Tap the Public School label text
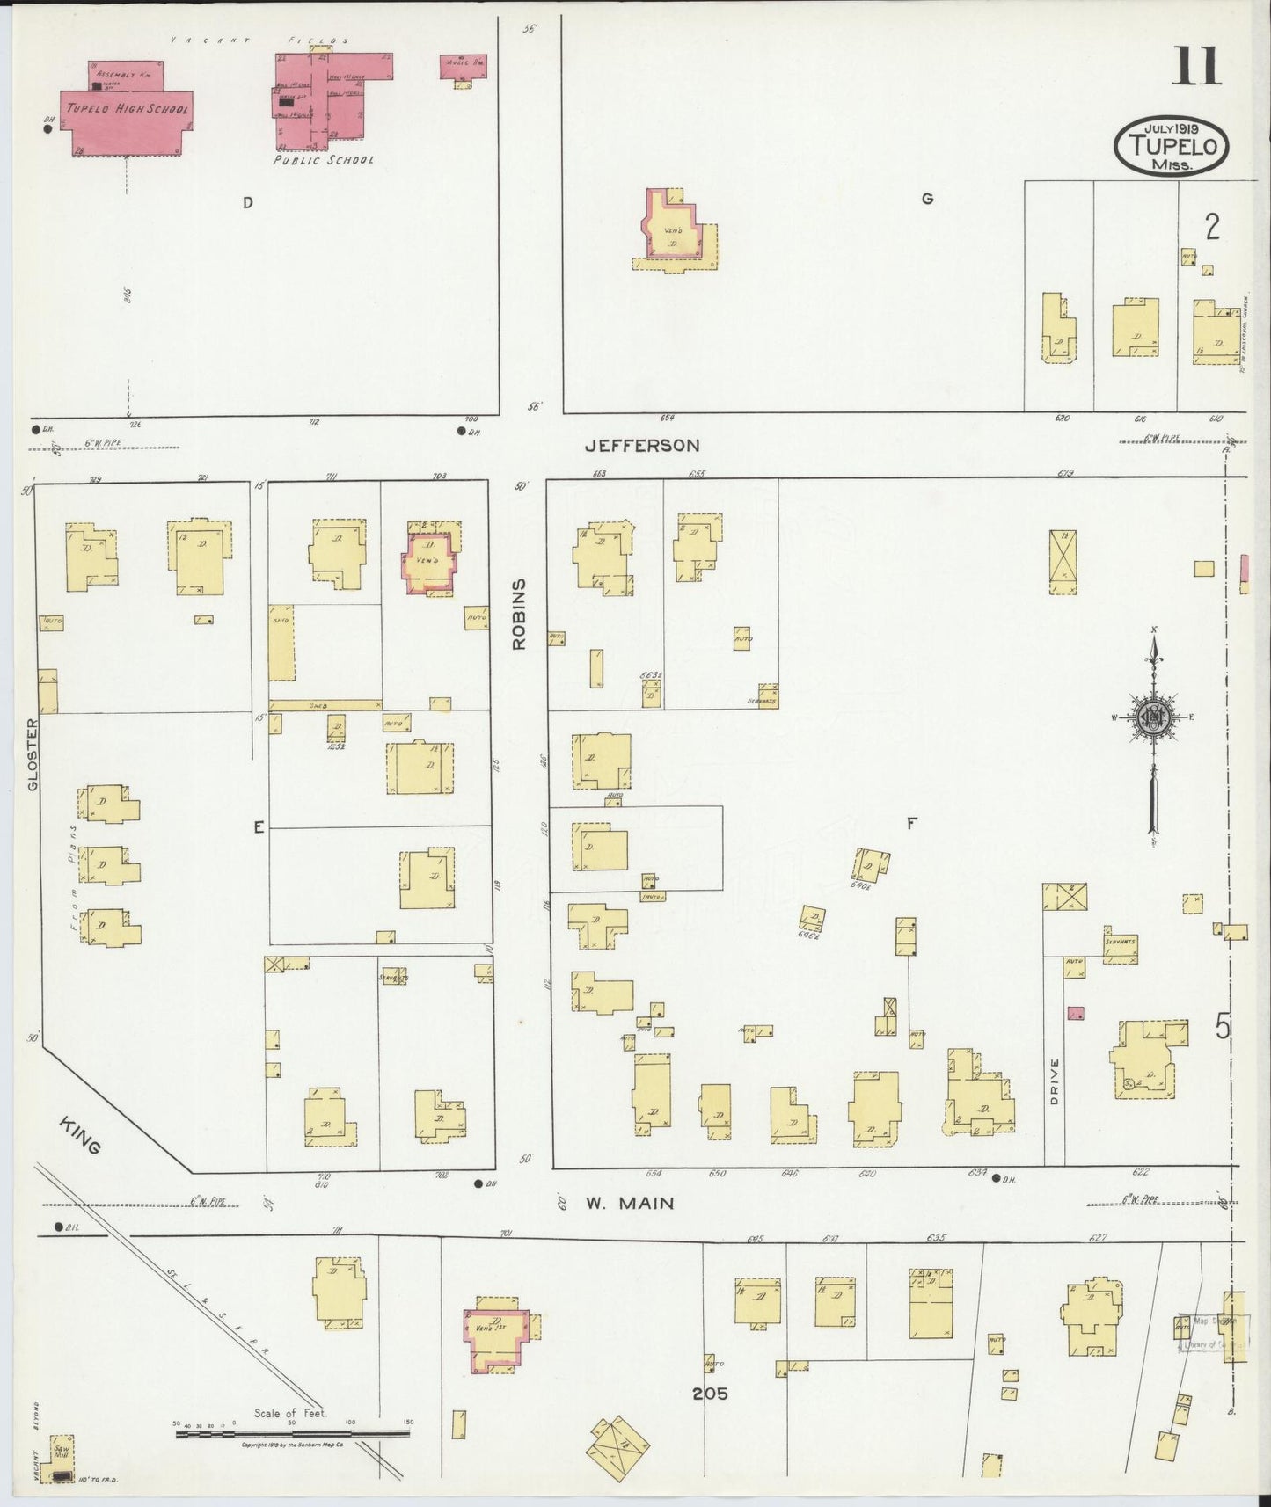[323, 161]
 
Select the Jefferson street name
[642, 447]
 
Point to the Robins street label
[519, 614]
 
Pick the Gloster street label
[33, 754]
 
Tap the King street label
[82, 1135]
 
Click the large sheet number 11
[1195, 67]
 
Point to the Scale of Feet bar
[292, 1433]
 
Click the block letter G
[926, 200]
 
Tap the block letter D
[248, 203]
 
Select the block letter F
[912, 824]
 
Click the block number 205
[709, 1394]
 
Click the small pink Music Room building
[463, 68]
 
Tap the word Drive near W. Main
[1055, 1081]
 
